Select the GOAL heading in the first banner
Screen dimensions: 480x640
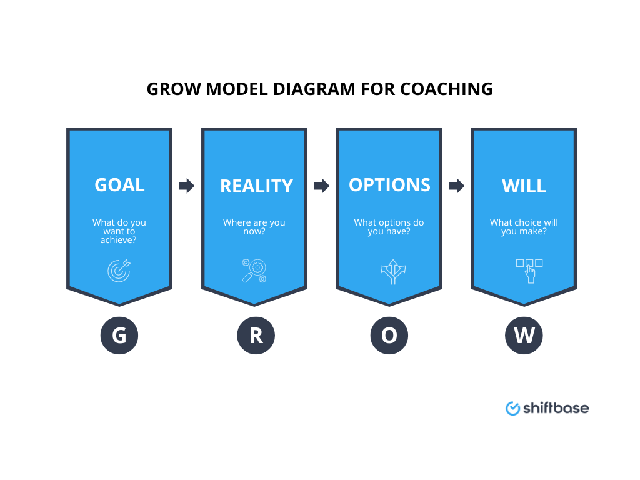119,185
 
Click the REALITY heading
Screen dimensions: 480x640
256,186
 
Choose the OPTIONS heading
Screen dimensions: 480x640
389,185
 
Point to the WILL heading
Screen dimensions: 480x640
524,186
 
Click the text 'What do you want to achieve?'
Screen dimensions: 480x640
119,231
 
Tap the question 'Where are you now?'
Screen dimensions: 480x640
254,227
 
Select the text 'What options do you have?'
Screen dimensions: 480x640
389,227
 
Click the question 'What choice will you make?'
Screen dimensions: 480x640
524,227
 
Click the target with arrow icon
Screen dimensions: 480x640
119,270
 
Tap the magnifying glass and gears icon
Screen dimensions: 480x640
254,270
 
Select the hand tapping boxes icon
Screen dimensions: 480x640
529,271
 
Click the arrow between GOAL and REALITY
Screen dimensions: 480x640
187,186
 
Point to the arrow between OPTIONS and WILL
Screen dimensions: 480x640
457,186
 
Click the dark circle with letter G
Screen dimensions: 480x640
119,336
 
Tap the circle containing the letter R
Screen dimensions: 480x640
256,336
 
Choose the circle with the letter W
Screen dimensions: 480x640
524,336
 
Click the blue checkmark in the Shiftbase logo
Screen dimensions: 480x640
513,408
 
